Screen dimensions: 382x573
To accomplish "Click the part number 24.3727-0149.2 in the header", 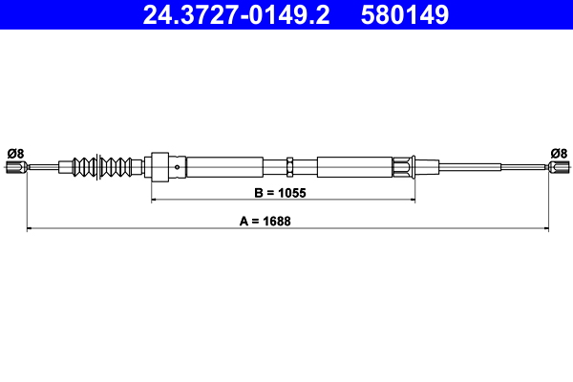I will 235,15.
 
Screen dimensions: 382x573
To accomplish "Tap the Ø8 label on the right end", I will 559,152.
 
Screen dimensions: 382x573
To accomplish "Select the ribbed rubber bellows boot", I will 103,167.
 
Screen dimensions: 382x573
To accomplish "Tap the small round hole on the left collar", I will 179,167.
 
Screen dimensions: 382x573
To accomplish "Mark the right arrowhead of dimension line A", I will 545,229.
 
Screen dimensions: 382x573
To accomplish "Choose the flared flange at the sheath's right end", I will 408,167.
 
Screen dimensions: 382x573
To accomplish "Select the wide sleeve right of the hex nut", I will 353,167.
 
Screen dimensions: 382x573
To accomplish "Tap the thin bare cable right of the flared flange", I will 477,168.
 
